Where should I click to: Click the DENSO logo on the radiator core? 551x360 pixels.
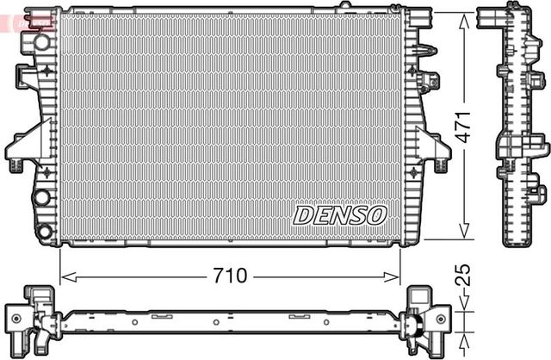click(340, 214)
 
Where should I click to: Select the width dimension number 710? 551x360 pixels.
click(230, 276)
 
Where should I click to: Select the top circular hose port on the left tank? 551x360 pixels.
click(40, 41)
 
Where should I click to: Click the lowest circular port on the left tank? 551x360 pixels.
click(42, 231)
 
